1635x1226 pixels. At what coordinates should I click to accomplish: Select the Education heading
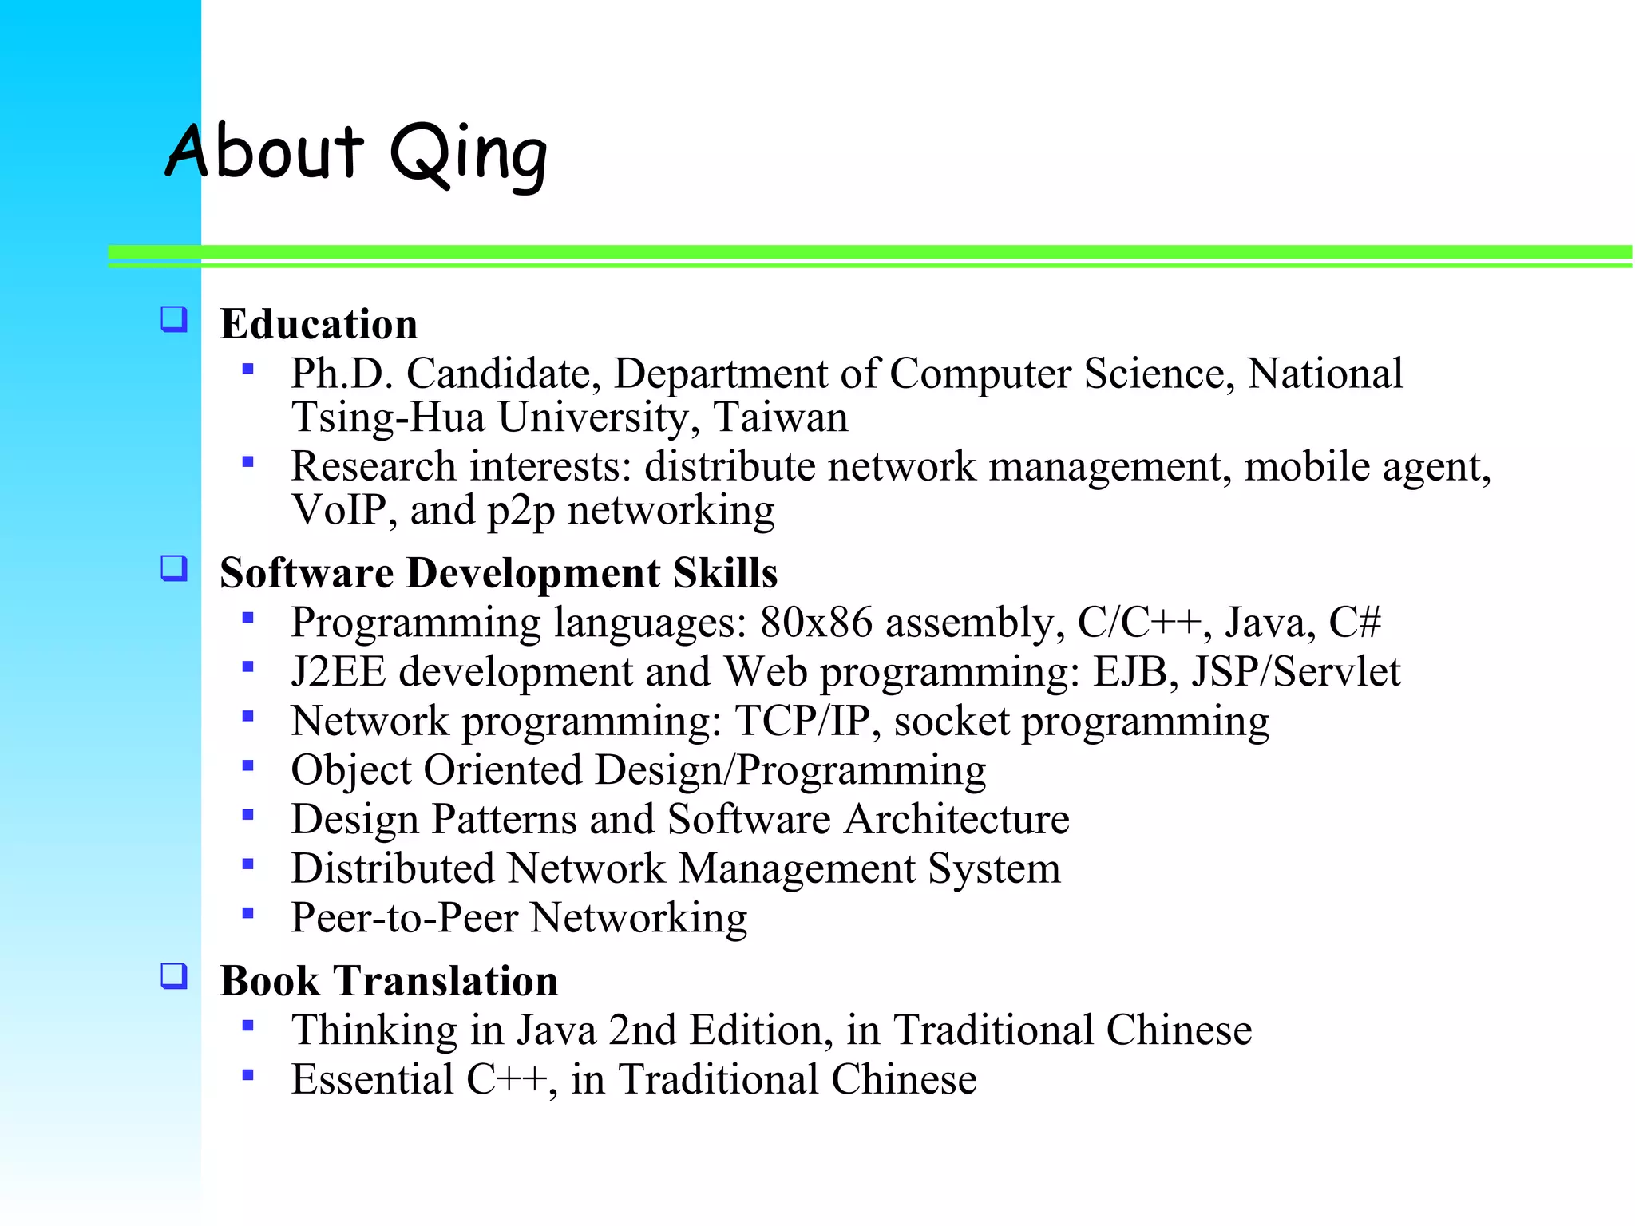(x=319, y=324)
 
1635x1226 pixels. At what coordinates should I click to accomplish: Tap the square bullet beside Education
(x=174, y=320)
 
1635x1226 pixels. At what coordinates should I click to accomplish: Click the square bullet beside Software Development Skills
(x=174, y=569)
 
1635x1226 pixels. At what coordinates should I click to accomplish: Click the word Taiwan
(x=780, y=417)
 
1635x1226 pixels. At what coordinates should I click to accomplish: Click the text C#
(x=1354, y=623)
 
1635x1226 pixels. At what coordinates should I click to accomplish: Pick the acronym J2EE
(x=338, y=672)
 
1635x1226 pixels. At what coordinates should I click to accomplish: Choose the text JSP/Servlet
(x=1296, y=672)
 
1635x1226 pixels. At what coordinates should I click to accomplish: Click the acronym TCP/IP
(x=802, y=722)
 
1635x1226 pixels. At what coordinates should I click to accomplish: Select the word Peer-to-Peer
(x=405, y=918)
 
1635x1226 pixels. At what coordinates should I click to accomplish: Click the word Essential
(x=372, y=1080)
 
